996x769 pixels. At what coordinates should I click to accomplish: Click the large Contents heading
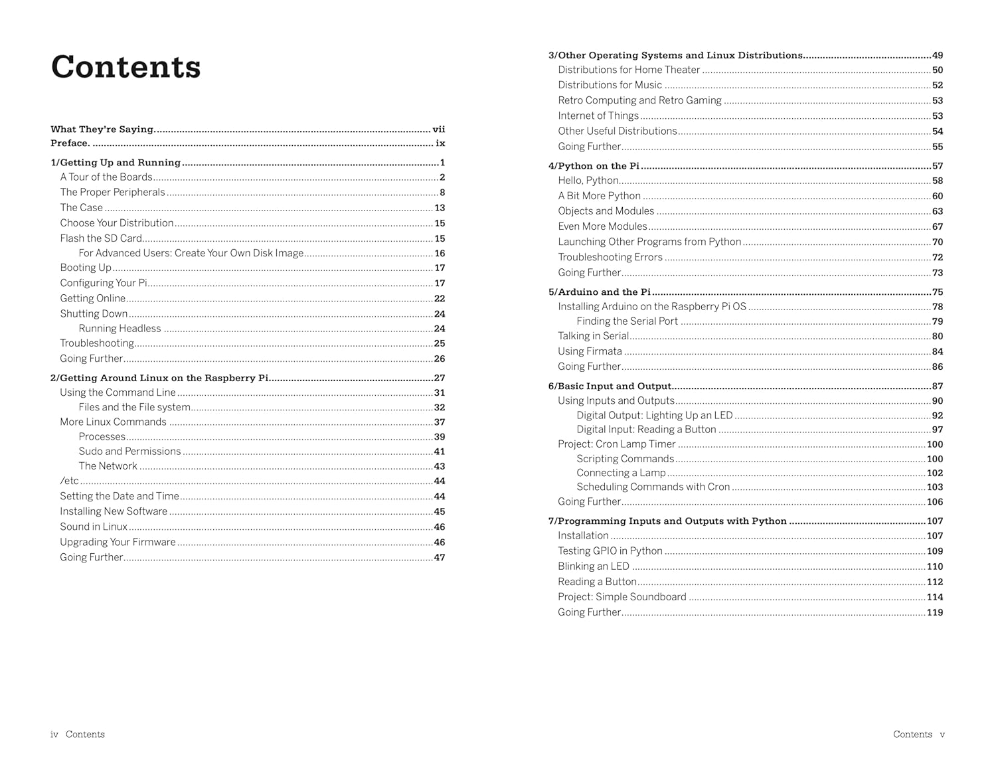tap(125, 67)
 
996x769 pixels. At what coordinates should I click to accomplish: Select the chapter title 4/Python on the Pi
tap(594, 166)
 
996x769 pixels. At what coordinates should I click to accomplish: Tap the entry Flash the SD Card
tap(101, 238)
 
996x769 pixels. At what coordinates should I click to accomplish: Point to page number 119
tap(934, 612)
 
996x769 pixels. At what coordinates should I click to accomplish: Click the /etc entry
tap(69, 481)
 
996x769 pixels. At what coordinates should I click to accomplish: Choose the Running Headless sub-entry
tap(120, 329)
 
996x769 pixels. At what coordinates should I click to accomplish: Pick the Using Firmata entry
tap(590, 351)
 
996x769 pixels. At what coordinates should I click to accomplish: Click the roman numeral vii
tap(439, 129)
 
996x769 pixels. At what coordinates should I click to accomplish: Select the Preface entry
tap(70, 143)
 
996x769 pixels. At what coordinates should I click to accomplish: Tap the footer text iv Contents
tap(78, 734)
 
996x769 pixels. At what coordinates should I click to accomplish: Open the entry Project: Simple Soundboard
tap(622, 597)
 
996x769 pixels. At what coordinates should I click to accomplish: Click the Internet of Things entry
tap(598, 116)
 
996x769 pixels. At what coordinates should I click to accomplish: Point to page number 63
tap(937, 211)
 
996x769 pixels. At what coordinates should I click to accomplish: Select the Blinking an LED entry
tap(593, 566)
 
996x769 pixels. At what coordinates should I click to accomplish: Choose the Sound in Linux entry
tap(94, 527)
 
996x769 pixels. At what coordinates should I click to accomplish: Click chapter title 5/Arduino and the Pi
tap(599, 292)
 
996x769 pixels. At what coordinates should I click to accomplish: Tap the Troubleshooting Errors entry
tap(610, 257)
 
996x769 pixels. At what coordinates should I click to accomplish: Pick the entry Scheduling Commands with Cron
tap(653, 487)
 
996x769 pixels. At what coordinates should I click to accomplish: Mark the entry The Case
tap(81, 207)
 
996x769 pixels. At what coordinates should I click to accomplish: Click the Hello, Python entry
tap(588, 181)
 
